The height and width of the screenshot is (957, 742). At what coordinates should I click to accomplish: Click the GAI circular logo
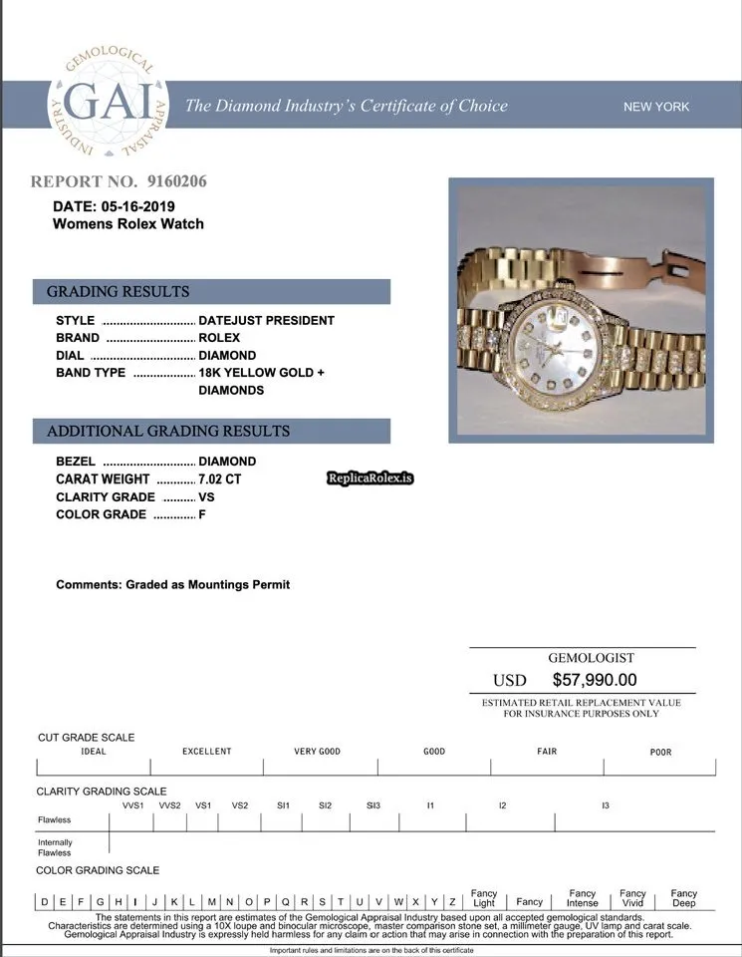tap(111, 105)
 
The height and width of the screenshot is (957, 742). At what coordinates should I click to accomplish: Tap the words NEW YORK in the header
tap(655, 107)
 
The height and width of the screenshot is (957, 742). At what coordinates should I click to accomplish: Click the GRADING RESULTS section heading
tap(118, 292)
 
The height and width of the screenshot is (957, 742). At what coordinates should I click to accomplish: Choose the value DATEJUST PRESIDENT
tap(266, 321)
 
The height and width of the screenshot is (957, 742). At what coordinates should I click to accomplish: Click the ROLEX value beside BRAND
tap(219, 338)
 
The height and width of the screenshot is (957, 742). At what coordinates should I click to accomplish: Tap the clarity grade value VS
tap(207, 496)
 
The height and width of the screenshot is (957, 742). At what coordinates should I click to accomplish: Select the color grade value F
tap(202, 514)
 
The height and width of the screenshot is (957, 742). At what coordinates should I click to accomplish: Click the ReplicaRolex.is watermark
tap(371, 478)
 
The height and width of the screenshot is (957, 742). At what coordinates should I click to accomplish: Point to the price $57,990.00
tap(595, 680)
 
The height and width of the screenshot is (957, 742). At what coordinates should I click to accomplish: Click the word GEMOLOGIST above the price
tap(591, 658)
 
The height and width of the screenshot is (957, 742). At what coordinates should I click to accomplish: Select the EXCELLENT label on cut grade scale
tap(206, 752)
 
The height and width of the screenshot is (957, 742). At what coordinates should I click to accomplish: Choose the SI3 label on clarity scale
tap(373, 804)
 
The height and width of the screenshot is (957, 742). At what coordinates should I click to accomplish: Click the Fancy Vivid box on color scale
tap(632, 898)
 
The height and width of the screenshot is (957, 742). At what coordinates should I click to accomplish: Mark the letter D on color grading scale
tap(45, 902)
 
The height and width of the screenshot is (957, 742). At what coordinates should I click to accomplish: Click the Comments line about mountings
tap(172, 584)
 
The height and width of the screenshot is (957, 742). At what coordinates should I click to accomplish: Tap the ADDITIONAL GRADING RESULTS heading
tap(168, 432)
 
